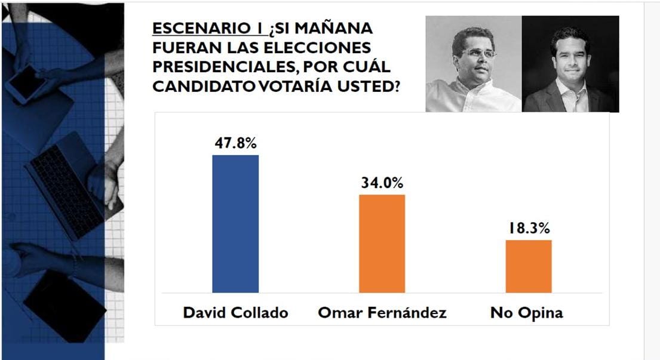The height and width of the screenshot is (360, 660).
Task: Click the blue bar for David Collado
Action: point(235,223)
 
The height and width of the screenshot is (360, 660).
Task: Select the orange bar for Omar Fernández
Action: point(382,243)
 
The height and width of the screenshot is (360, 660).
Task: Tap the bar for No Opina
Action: point(528,266)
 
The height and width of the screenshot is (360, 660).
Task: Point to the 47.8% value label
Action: point(235,143)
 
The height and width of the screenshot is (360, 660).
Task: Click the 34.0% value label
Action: point(382,183)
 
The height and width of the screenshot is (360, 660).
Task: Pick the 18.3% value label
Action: point(529,229)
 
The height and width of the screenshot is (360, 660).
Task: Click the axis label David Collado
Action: point(235,313)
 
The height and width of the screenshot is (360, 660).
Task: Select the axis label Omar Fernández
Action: point(382,313)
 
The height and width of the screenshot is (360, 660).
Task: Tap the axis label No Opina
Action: point(527,313)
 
